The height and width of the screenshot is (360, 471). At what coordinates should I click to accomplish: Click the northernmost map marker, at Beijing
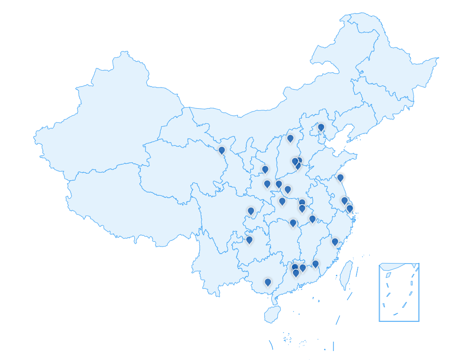click(321, 127)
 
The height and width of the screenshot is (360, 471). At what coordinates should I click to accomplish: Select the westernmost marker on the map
click(222, 150)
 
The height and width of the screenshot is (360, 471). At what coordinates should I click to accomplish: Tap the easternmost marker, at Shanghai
click(349, 208)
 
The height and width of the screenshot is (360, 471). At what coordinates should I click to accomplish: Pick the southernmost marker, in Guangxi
click(268, 282)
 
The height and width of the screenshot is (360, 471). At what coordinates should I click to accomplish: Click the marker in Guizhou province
click(250, 240)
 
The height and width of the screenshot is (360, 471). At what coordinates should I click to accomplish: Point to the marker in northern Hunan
click(293, 223)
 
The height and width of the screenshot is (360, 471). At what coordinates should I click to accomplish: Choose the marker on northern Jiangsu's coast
click(340, 177)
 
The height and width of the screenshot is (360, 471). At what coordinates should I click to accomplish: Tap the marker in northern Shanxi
click(291, 138)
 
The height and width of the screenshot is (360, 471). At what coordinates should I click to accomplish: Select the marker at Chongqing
click(251, 211)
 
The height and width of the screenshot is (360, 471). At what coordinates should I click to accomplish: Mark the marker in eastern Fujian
click(335, 241)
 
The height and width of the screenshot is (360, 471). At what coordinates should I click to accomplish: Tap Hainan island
click(272, 314)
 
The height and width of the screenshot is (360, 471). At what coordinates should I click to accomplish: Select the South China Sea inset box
click(399, 292)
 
